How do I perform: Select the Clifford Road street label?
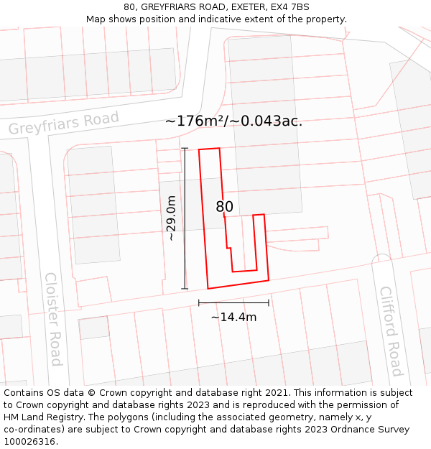tap(391, 330)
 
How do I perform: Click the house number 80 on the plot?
tap(225, 207)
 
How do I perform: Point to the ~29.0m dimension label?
tap(171, 218)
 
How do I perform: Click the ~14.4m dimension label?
tap(233, 317)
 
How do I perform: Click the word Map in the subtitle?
tap(96, 19)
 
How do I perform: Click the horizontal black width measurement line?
tap(233, 303)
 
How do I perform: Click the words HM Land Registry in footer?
tap(45, 417)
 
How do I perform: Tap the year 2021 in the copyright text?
tap(279, 393)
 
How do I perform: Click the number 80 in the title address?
tap(130, 7)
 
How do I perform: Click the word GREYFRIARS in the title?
tap(169, 7)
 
